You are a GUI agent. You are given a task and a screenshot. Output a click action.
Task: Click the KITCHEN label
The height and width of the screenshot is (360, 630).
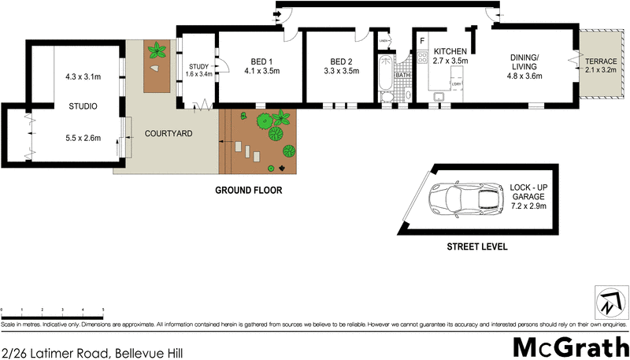coord(450,51)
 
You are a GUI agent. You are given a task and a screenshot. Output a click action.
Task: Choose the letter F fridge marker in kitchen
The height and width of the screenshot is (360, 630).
coord(422,40)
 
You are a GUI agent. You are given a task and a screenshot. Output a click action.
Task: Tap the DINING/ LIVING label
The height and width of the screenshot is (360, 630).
coord(524,62)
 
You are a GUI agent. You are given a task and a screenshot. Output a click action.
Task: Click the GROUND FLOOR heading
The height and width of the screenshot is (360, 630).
coord(248,191)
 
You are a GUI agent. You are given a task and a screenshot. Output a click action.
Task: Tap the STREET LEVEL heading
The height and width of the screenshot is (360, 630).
coord(476,247)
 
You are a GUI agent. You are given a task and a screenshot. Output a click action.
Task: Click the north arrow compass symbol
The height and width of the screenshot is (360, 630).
coord(610,302)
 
